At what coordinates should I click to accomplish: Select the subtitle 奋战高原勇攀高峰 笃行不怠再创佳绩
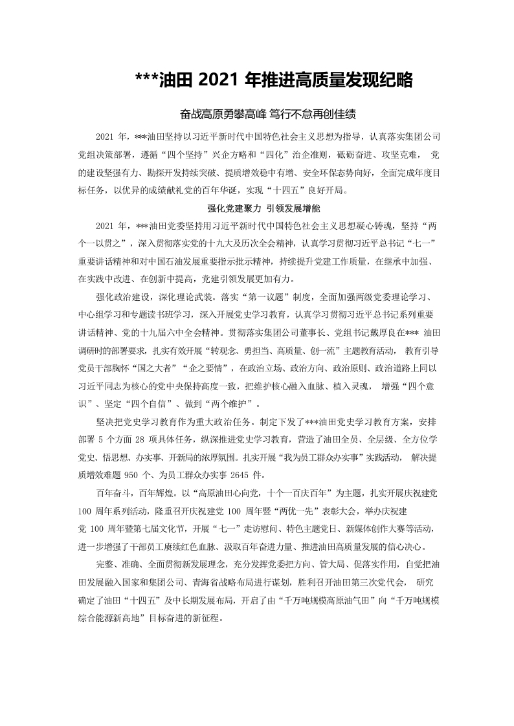click(x=268, y=114)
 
